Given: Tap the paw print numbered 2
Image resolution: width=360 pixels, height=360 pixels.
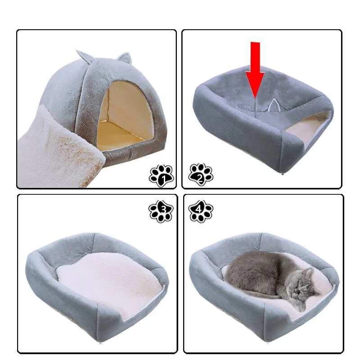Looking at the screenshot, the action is coord(200,175).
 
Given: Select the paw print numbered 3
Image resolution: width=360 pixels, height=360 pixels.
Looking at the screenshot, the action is coord(161,211).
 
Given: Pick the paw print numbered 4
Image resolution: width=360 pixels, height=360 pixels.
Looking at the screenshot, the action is coord(201,211).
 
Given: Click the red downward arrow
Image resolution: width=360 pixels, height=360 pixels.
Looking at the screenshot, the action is coord(255,69).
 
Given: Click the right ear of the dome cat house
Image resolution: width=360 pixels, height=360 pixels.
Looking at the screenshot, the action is coord(125,58).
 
